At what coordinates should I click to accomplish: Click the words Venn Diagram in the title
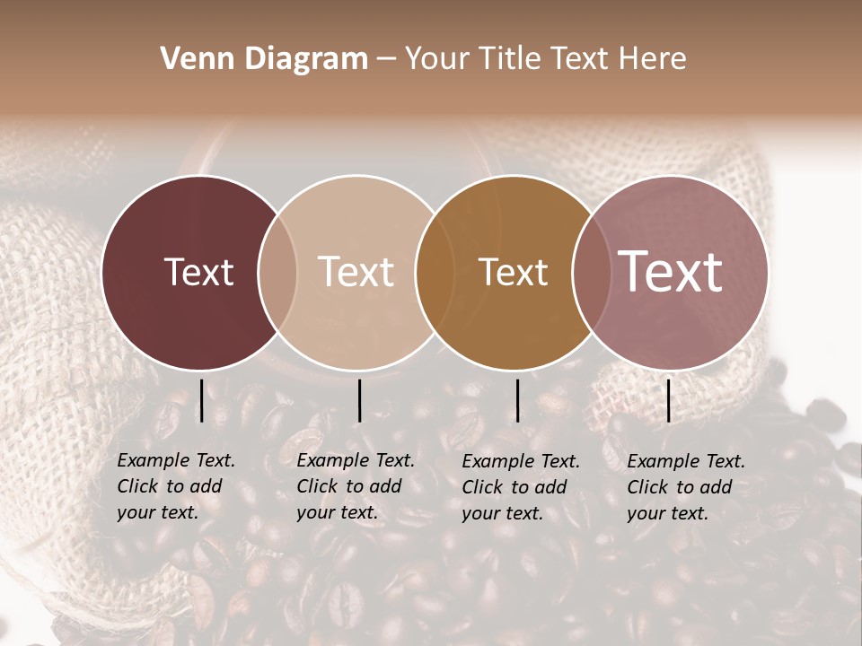click(x=264, y=59)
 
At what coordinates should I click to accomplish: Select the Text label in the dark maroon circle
click(x=198, y=273)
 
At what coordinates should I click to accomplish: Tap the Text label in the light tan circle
click(x=356, y=273)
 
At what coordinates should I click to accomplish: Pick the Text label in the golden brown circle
click(x=513, y=273)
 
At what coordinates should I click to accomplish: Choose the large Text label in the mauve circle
click(x=671, y=272)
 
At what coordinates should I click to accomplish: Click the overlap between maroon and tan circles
click(x=277, y=273)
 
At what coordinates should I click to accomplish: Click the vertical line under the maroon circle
click(x=201, y=400)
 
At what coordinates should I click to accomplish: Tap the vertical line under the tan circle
click(x=359, y=400)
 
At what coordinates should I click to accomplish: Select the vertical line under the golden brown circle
click(x=517, y=400)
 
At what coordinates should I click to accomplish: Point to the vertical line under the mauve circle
click(x=669, y=400)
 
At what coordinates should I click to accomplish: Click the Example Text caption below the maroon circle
click(x=176, y=486)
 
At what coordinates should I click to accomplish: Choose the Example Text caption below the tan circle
click(x=356, y=486)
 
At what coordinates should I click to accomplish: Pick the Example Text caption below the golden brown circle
click(x=521, y=487)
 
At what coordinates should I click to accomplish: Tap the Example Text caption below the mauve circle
click(x=686, y=487)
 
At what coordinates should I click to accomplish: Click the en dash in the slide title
click(x=386, y=59)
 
